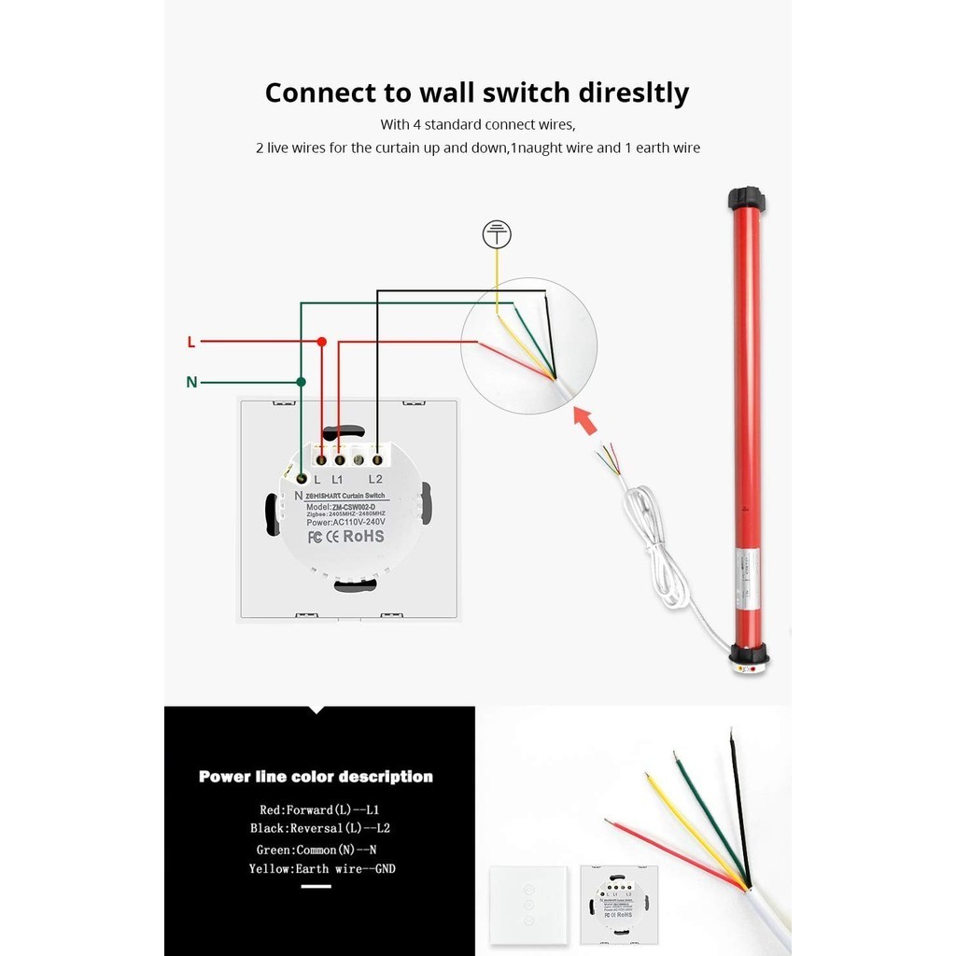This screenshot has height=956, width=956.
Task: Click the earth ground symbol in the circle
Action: [497, 235]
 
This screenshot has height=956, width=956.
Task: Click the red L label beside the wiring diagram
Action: [191, 342]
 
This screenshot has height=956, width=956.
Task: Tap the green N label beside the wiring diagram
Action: [191, 382]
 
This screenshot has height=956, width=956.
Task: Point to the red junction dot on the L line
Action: [321, 342]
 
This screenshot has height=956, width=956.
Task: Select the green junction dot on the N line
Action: [301, 382]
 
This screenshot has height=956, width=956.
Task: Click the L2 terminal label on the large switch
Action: [375, 479]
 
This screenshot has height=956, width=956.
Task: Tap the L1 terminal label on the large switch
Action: [337, 479]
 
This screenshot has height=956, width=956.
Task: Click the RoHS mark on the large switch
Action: [363, 536]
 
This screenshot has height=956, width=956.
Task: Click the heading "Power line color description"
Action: [316, 777]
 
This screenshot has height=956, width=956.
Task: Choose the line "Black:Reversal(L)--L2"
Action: [319, 828]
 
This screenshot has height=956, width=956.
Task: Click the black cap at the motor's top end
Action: [746, 199]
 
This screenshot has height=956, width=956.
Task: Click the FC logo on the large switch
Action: [316, 537]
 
